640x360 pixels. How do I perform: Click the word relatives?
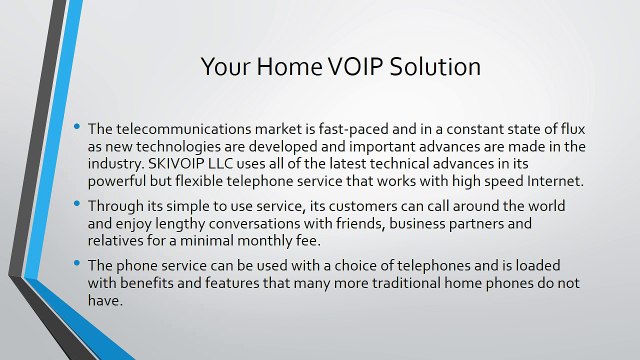tap(118, 241)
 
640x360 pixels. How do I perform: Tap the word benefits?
tap(164, 284)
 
